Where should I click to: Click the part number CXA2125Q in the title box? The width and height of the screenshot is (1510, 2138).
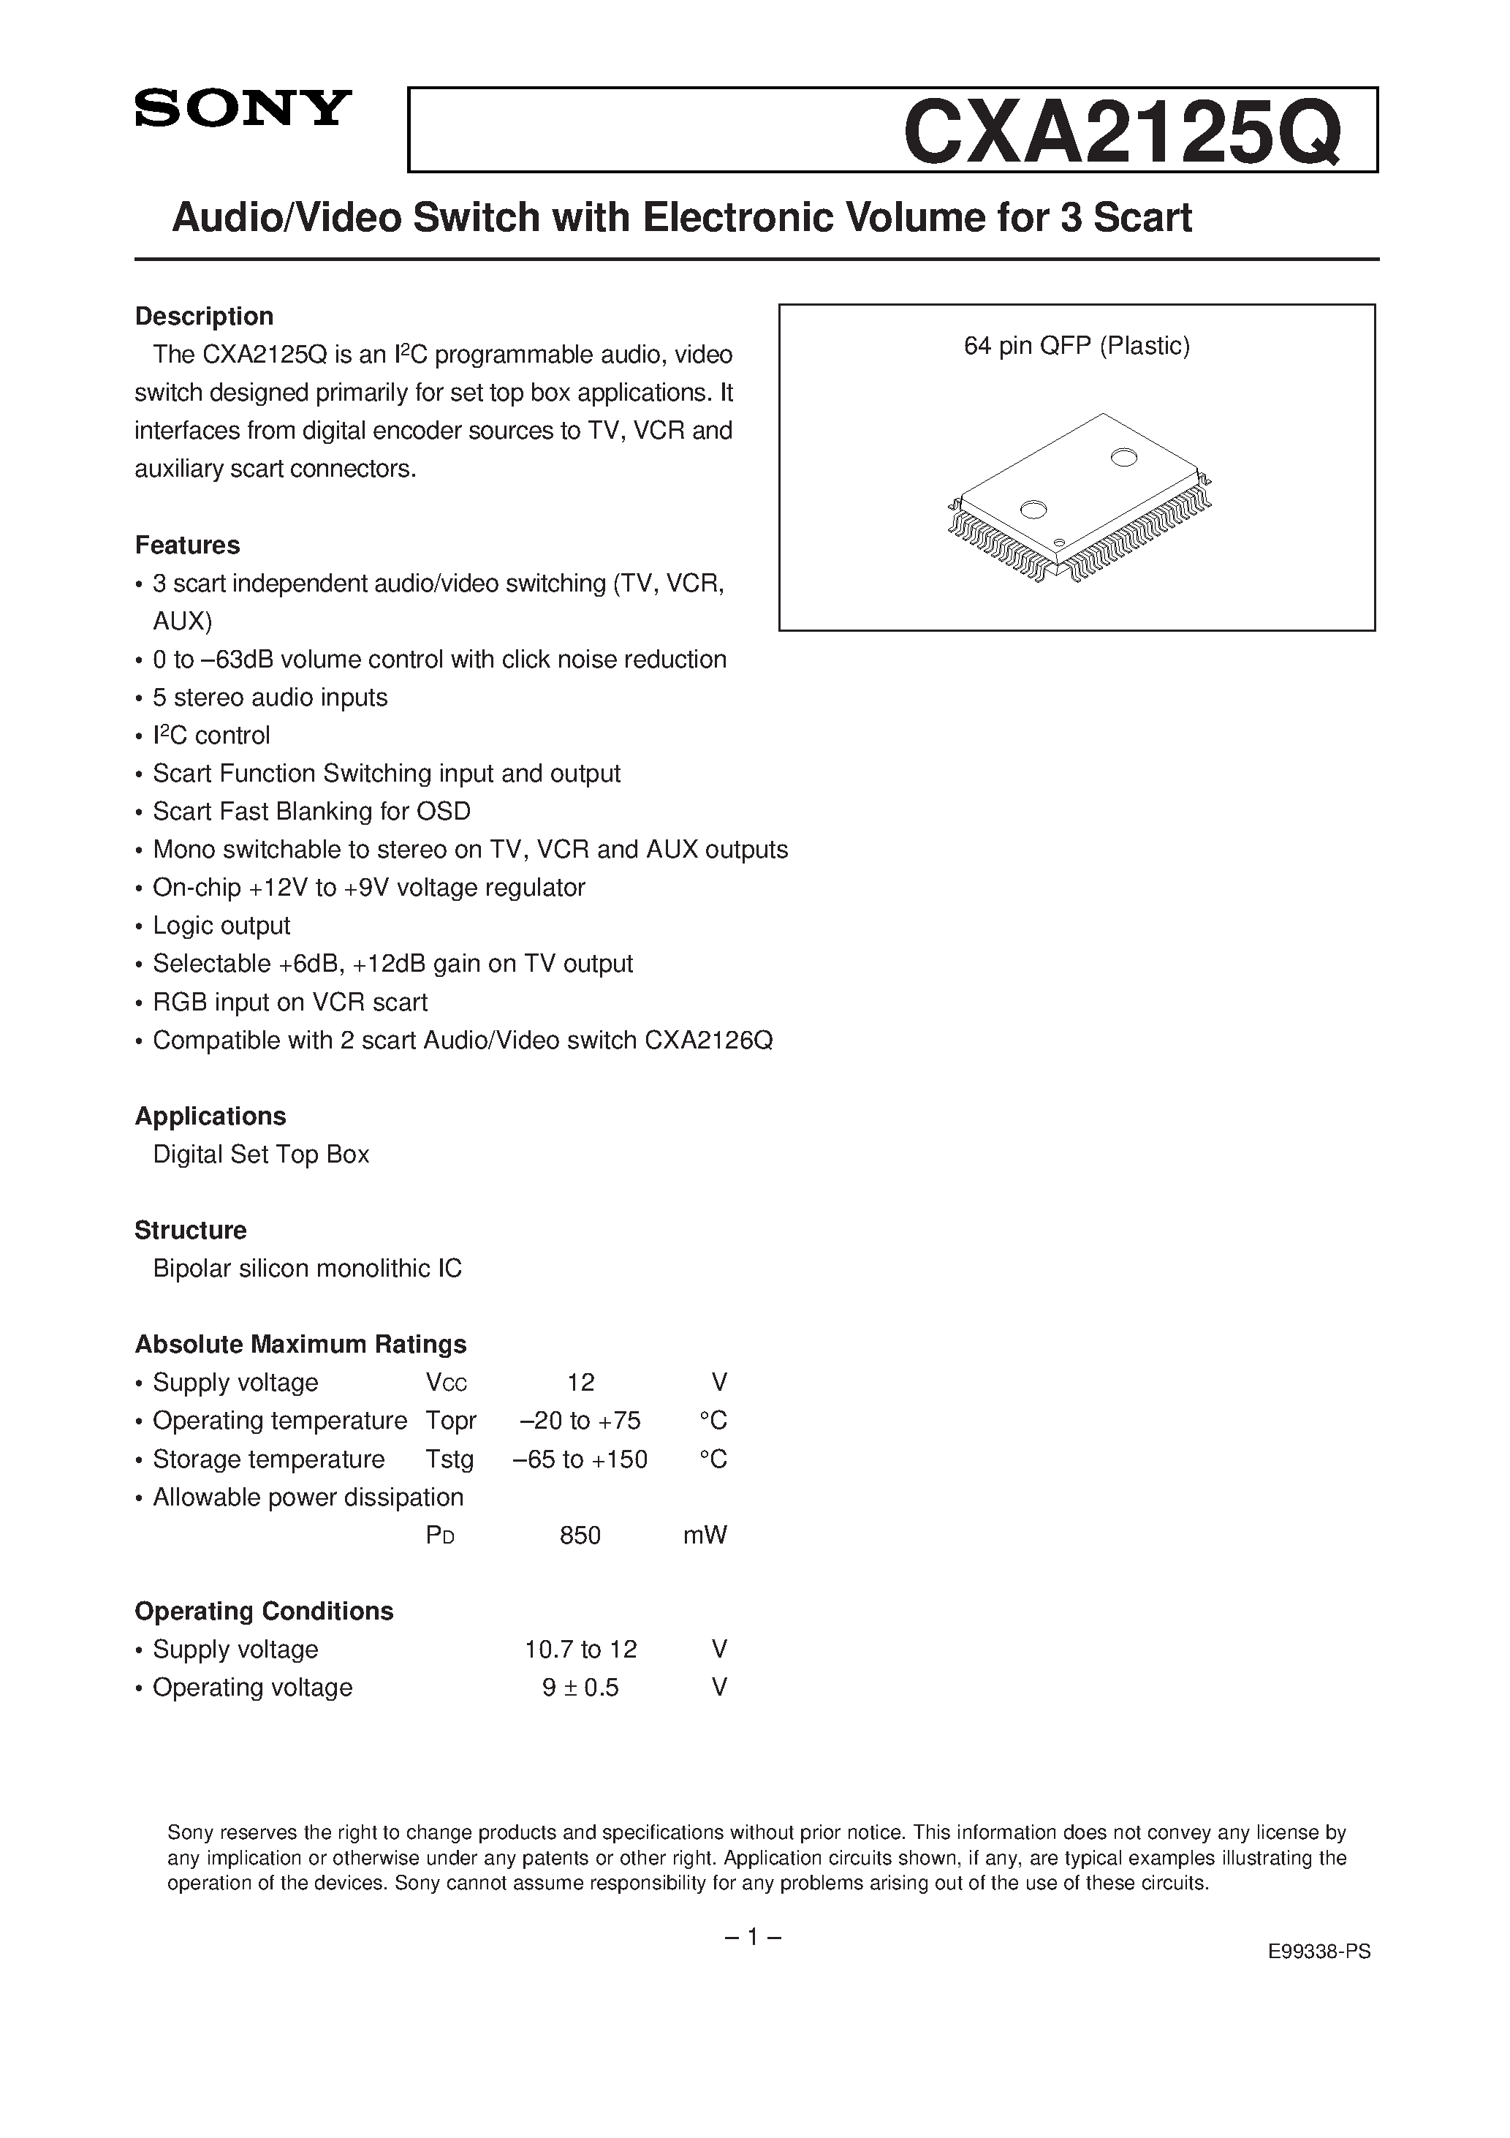[1122, 133]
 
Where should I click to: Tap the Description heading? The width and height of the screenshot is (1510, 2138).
[204, 317]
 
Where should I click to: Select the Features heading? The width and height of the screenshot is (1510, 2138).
[187, 545]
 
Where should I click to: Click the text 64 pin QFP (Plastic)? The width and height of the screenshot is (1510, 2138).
[1076, 347]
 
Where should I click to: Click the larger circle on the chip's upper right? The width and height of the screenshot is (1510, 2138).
[1123, 456]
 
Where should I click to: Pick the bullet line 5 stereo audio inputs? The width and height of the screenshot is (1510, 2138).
[270, 698]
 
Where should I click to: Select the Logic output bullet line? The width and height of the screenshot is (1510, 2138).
[221, 926]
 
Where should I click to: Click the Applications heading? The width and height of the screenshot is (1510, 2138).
[210, 1116]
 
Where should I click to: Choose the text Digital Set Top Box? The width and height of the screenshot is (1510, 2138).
[261, 1155]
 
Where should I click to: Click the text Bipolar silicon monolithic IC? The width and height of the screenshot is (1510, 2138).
[307, 1269]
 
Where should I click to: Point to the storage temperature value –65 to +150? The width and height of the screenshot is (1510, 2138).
[580, 1459]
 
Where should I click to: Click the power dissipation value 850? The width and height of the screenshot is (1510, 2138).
[580, 1535]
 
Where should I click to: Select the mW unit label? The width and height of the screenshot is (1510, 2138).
[705, 1535]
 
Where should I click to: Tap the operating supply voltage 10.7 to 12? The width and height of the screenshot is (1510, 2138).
[581, 1649]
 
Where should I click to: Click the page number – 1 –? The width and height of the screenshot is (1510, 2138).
[752, 1938]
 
